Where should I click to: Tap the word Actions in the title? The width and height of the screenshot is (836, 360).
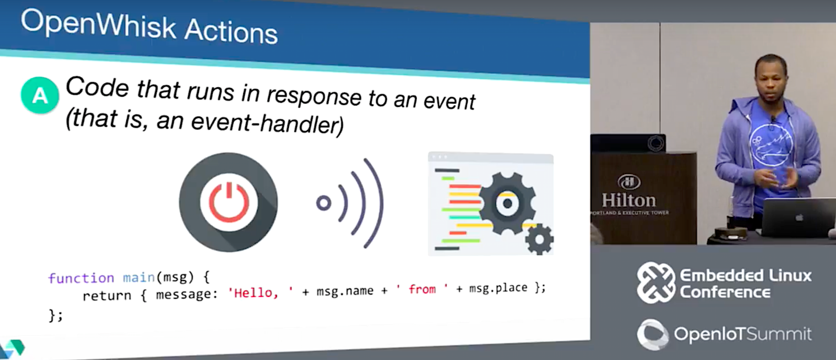[x=231, y=31]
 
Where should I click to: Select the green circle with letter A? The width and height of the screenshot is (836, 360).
[x=40, y=95]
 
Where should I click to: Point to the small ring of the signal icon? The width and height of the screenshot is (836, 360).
[x=324, y=203]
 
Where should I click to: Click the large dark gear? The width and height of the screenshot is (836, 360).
[x=507, y=203]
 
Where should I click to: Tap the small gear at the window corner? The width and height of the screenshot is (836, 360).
[x=539, y=239]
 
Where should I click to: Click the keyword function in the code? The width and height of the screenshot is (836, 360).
[x=81, y=278]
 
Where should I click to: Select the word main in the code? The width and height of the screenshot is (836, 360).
[x=138, y=277]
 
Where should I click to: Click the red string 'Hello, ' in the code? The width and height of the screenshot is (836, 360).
[x=260, y=293]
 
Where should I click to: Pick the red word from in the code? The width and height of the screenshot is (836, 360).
[x=422, y=289]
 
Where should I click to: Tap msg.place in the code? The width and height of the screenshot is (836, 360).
[x=498, y=288]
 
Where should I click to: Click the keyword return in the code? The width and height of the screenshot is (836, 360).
[x=107, y=295]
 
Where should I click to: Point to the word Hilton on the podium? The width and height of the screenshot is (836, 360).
[x=629, y=200]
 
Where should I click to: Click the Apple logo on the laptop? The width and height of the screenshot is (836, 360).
[x=799, y=217]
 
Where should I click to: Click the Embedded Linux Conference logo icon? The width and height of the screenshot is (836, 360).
[x=656, y=282]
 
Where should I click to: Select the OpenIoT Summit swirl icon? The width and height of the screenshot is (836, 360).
[x=653, y=334]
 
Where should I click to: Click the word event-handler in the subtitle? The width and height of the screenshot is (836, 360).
[x=267, y=123]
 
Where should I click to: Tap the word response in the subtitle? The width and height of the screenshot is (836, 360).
[x=314, y=96]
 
